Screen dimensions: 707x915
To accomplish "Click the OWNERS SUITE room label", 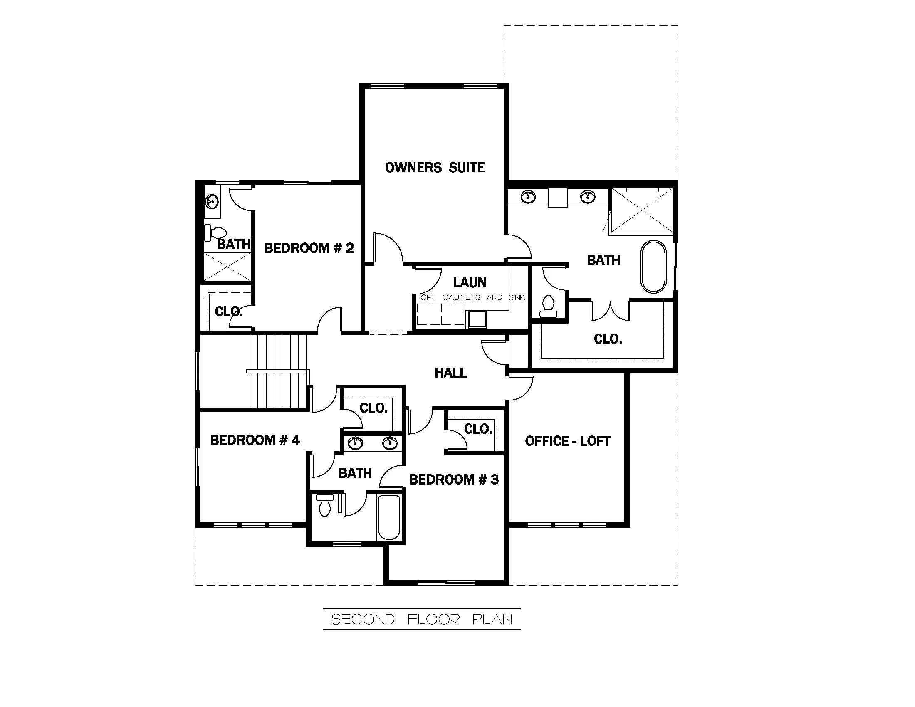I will click(x=435, y=168).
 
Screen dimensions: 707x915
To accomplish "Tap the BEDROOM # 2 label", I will click(x=309, y=248).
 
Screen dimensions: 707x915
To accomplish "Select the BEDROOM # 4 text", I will click(x=255, y=440).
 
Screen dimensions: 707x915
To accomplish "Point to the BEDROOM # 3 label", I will click(x=454, y=480).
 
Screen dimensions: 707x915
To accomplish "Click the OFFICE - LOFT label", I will click(x=567, y=441).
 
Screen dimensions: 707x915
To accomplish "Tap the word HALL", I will click(x=450, y=373).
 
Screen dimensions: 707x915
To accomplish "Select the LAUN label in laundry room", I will click(x=470, y=282).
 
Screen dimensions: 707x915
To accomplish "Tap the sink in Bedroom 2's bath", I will click(x=212, y=202).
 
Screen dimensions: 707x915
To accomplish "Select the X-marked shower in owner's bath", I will click(x=641, y=210).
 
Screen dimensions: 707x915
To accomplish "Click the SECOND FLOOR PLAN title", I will click(x=421, y=620).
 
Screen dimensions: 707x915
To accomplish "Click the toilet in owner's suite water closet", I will click(x=548, y=306).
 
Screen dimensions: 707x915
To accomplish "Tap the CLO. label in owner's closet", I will click(x=608, y=339).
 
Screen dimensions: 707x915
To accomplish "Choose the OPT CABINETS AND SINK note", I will click(x=472, y=297).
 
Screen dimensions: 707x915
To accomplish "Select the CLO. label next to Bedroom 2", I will click(x=228, y=311).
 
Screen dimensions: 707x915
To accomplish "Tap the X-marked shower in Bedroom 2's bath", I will click(x=228, y=267).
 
